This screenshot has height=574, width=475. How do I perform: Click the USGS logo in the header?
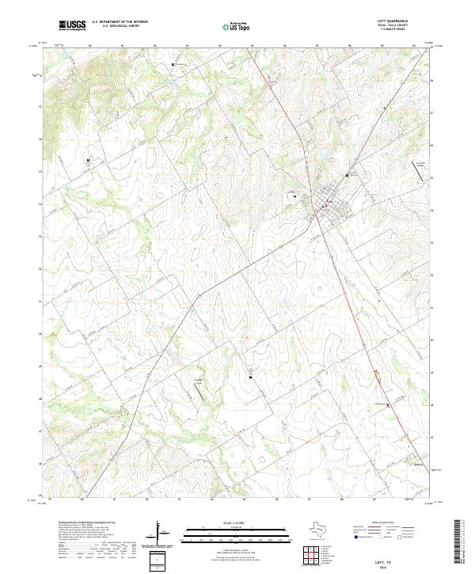click(72, 25)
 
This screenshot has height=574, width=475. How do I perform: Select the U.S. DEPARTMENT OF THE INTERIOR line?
click(120, 21)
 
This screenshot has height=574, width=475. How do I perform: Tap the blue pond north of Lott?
click(323, 152)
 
